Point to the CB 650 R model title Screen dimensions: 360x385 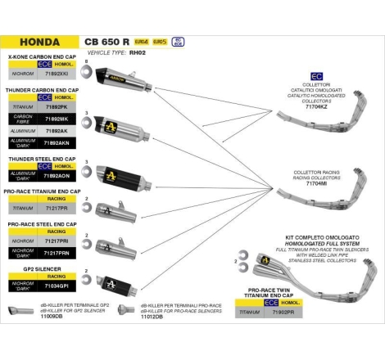107,41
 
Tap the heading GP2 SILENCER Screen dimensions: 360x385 39,268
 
